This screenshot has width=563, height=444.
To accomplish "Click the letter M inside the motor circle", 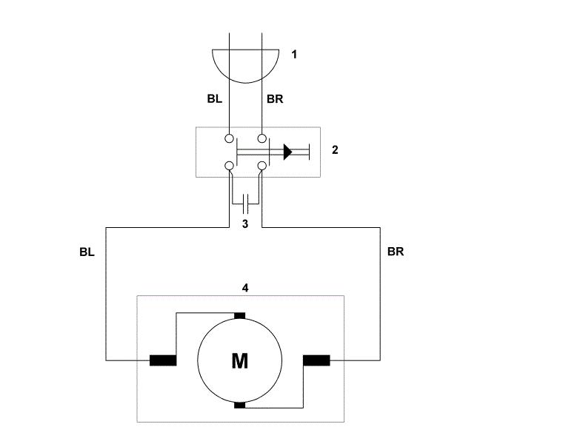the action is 239,361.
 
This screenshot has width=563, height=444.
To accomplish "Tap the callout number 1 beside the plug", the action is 294,55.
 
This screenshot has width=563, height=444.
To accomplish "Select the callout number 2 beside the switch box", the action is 335,149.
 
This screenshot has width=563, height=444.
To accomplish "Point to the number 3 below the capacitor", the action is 245,223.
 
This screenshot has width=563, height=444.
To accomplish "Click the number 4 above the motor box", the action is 245,288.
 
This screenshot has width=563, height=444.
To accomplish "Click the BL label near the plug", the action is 214,98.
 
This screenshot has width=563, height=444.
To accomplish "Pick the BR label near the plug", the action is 275,98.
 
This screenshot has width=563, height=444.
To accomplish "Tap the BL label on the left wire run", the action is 87,252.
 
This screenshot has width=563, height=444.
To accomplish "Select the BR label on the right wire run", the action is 396,252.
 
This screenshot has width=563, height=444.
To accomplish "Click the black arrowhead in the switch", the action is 287,152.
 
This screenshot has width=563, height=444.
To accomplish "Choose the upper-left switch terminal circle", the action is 229,138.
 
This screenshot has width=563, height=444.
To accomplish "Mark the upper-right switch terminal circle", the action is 262,138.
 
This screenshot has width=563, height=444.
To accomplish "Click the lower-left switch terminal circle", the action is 229,166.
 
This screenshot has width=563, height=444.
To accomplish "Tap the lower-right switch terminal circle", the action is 262,166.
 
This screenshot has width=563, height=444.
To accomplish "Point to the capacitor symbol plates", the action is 246,203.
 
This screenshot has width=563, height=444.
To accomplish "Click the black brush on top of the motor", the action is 239,315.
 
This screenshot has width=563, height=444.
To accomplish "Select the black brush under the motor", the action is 239,406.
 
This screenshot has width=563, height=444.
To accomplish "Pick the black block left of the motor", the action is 163,360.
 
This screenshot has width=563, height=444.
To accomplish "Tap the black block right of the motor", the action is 317,360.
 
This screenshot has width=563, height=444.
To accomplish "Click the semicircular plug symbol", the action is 246,83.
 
